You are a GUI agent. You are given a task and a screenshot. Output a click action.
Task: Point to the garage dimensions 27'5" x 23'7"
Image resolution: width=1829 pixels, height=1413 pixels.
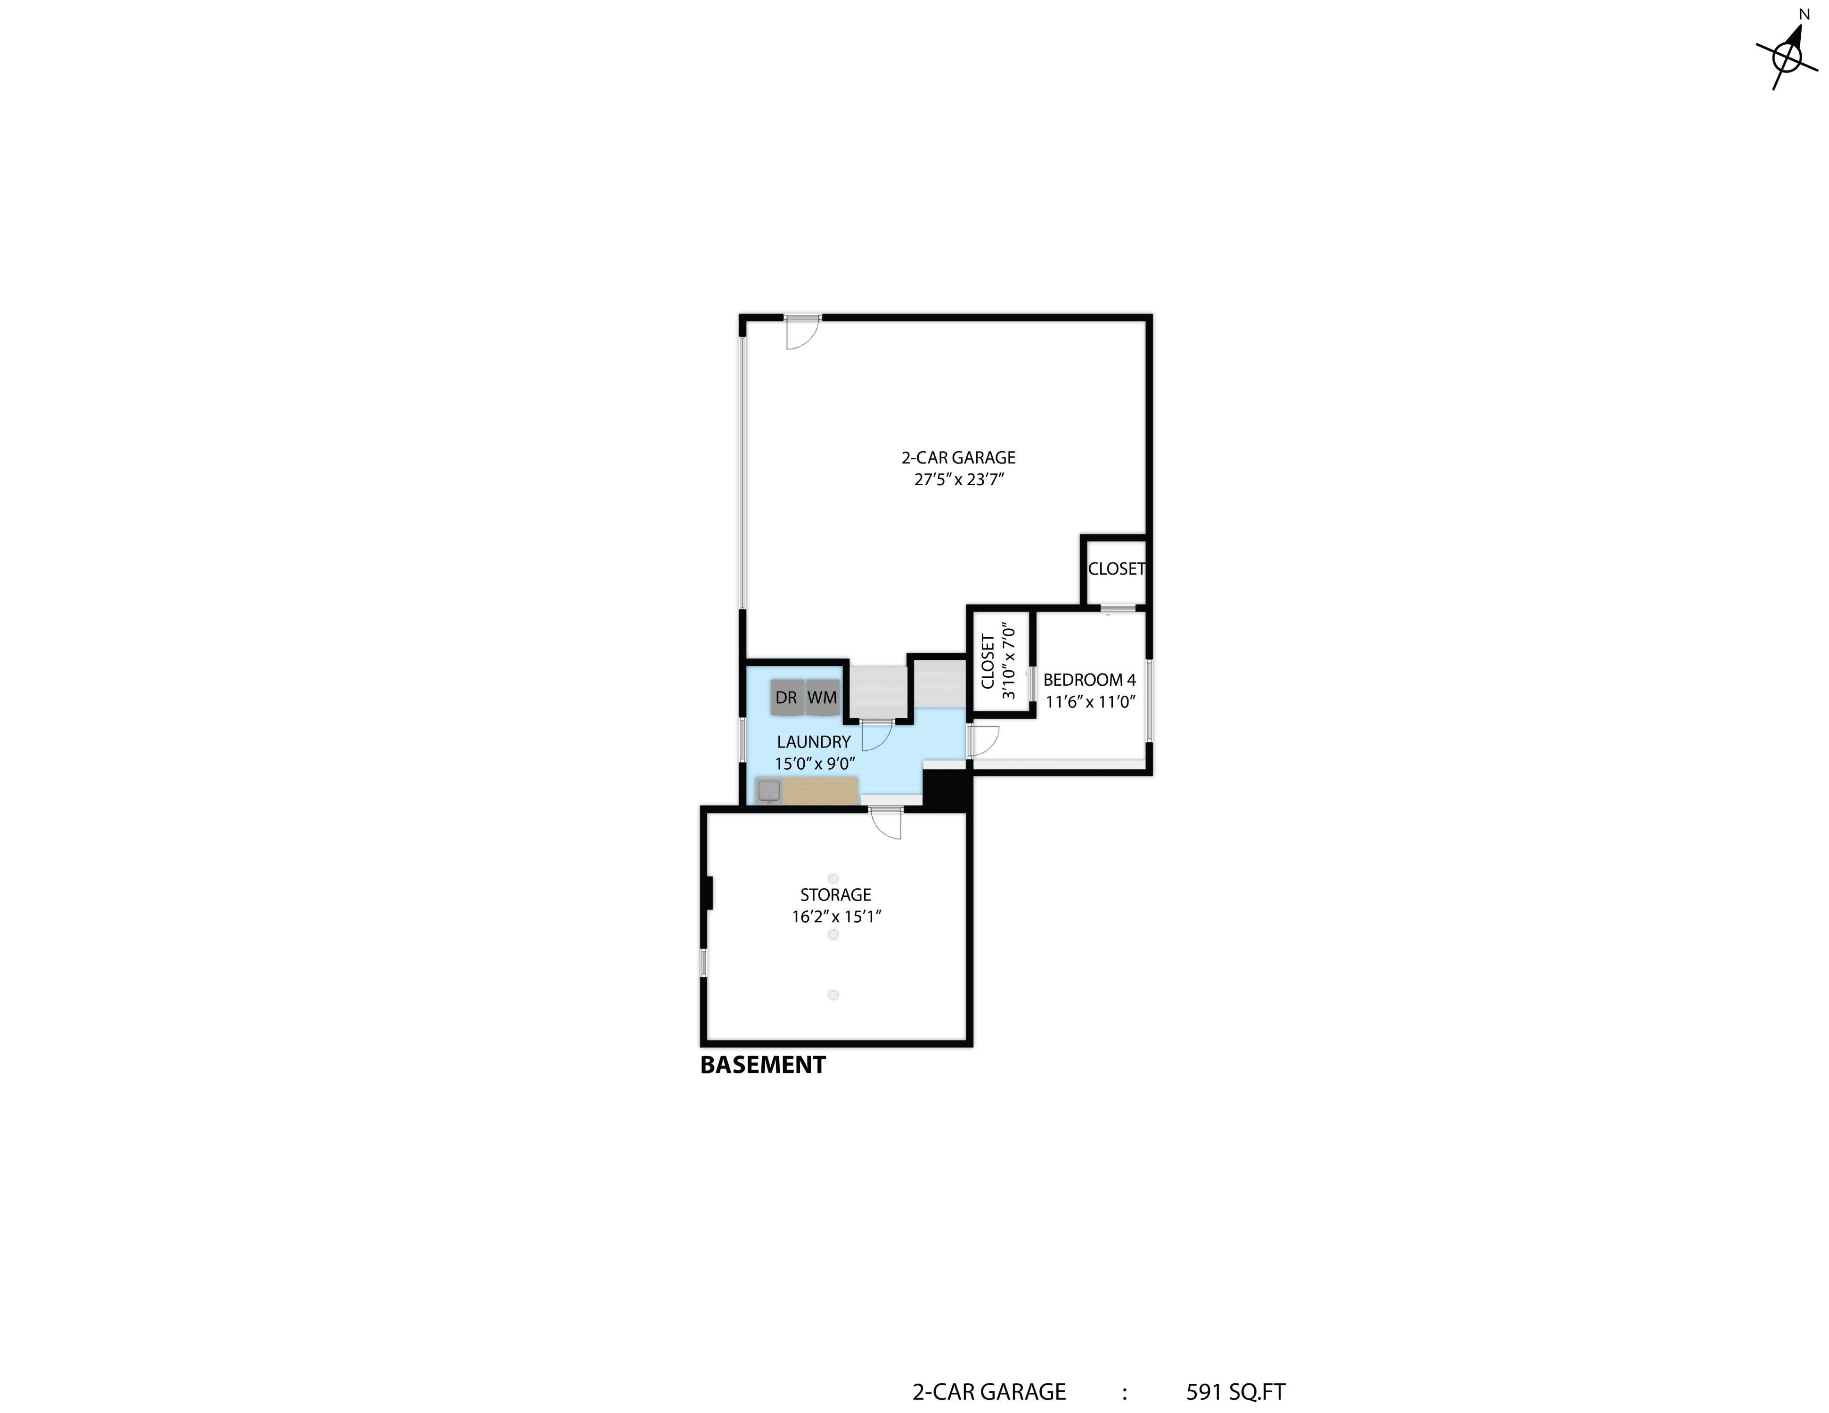click(959, 479)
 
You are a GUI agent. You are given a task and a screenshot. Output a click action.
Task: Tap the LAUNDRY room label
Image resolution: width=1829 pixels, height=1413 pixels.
click(814, 742)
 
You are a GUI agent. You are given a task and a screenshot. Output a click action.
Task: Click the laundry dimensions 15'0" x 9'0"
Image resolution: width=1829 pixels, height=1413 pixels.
click(815, 763)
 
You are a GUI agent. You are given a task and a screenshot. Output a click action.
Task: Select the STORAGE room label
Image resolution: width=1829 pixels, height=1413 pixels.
click(836, 895)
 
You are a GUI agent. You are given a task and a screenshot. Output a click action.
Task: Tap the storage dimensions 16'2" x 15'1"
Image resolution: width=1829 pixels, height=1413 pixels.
click(837, 917)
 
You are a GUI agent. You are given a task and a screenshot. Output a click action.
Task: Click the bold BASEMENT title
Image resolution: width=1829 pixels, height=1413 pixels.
click(763, 1065)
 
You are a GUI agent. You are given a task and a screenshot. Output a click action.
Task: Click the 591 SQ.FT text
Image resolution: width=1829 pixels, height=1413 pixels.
click(1235, 1369)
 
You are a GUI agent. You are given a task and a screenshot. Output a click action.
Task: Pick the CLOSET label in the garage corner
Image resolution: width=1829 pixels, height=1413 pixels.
click(1116, 569)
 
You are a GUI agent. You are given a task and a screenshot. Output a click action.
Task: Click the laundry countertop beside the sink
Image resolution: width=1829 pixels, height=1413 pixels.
click(821, 791)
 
